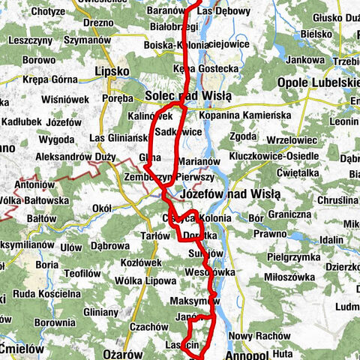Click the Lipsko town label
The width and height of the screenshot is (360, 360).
pos(112,71)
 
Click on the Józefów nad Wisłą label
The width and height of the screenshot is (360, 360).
pos(231,194)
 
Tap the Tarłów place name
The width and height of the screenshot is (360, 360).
pos(156,235)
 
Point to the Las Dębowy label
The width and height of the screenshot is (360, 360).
pos(228,12)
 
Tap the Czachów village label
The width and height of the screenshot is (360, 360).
pos(147,326)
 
